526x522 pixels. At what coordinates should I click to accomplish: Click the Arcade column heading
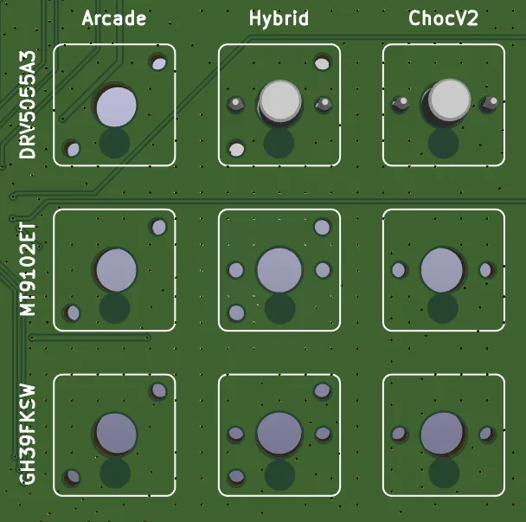[x=114, y=18]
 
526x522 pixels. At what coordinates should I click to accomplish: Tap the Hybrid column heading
[x=279, y=18]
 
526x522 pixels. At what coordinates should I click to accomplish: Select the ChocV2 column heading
[x=443, y=18]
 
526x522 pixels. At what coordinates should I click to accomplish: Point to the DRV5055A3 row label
[x=28, y=105]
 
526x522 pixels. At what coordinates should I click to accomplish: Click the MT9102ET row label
[x=28, y=269]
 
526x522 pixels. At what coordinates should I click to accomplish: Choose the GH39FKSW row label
[x=28, y=435]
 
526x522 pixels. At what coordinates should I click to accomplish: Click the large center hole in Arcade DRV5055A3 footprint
[x=116, y=106]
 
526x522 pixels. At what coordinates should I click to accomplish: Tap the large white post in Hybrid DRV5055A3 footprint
[x=280, y=101]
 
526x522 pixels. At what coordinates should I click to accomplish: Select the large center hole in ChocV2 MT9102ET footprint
[x=442, y=270]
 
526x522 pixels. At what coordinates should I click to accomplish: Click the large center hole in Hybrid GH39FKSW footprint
[x=279, y=434]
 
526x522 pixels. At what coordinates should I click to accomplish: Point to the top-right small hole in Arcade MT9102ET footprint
[x=158, y=228]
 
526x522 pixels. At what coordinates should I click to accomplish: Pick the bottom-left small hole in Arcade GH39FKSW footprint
[x=72, y=477]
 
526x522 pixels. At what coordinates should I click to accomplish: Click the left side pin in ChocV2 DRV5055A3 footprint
[x=400, y=104]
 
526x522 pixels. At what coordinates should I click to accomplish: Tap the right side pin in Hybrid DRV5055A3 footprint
[x=324, y=104]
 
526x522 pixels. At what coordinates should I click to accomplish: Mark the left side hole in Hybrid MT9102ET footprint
[x=236, y=270]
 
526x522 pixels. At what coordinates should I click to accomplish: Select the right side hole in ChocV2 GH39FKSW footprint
[x=486, y=434]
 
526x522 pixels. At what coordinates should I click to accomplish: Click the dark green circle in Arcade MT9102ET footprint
[x=114, y=308]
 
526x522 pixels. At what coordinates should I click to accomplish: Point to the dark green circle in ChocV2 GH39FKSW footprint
[x=444, y=473]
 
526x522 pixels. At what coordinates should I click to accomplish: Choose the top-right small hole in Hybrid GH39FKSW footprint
[x=323, y=391]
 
